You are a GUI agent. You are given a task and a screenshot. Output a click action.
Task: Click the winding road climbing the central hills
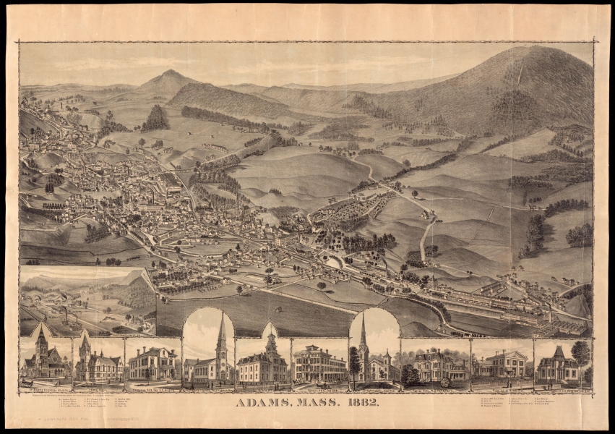pos(426,231)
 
